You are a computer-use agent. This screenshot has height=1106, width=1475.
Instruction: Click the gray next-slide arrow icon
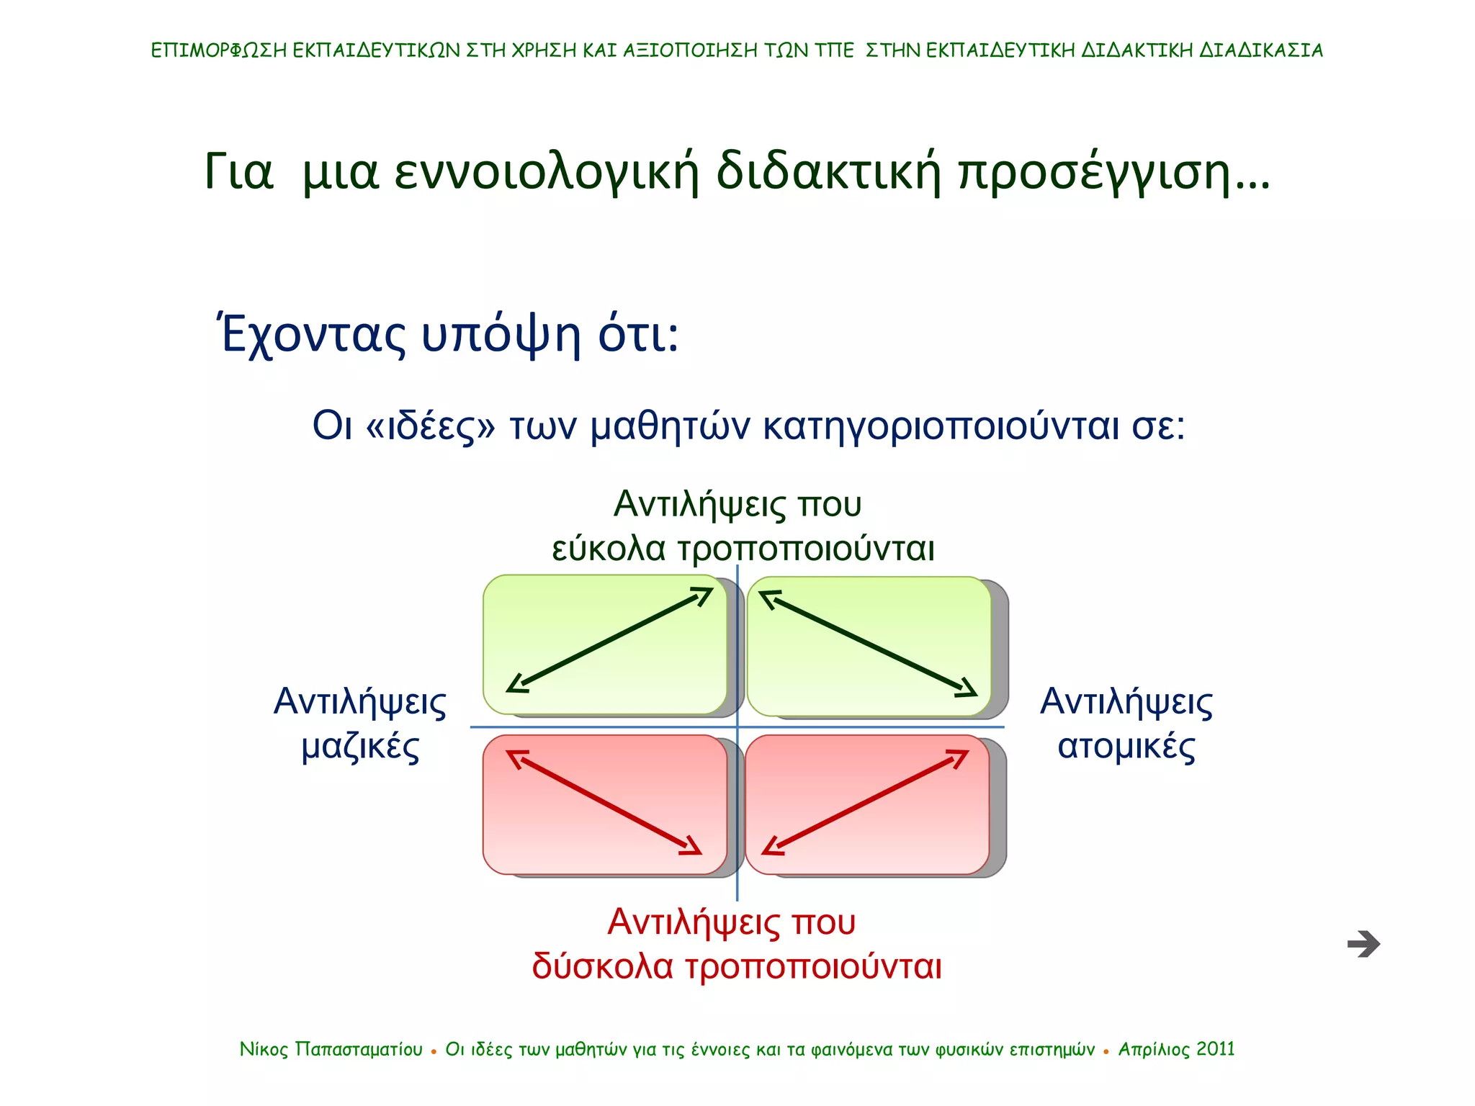[1363, 943]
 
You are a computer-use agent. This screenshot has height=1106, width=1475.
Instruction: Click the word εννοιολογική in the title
[547, 173]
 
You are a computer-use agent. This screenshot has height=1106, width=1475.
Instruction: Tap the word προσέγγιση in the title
[1095, 173]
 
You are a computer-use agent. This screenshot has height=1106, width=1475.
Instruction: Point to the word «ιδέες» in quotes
[431, 426]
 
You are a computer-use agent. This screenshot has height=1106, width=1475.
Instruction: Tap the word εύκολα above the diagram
[609, 549]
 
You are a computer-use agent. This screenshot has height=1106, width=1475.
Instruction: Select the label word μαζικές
[360, 747]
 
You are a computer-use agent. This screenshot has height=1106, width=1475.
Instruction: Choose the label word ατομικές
[1126, 747]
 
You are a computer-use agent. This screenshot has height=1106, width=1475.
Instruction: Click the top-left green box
[605, 644]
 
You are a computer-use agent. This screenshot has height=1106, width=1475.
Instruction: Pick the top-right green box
[869, 646]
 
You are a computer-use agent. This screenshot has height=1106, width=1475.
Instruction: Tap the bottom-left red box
[605, 804]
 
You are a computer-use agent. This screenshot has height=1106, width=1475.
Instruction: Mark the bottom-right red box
[867, 804]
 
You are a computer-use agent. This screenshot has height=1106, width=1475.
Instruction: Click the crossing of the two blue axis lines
[737, 727]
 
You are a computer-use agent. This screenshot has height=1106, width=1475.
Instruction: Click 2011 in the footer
[1215, 1049]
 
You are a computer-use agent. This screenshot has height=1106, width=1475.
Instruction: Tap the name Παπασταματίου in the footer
[359, 1050]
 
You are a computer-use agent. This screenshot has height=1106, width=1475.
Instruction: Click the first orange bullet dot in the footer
[434, 1052]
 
